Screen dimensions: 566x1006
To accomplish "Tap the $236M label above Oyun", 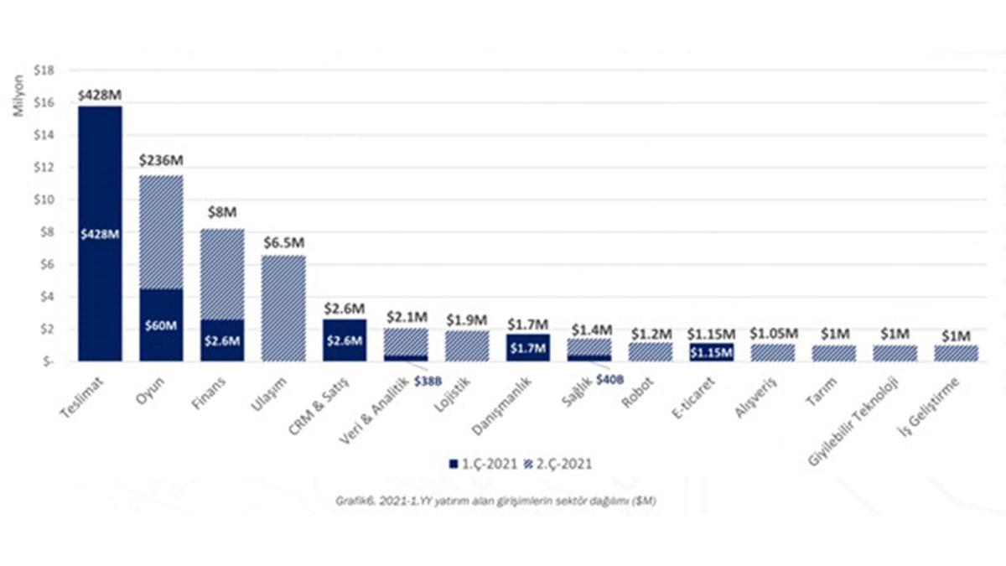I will point(161,160).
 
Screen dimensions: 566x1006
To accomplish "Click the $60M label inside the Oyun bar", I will point(161,325).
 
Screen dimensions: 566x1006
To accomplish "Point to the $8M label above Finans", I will point(222,215).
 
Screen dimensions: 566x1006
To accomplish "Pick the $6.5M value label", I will point(283,242).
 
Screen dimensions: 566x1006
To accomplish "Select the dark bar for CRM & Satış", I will point(345,340).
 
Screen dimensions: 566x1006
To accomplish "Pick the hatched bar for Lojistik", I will point(467,345).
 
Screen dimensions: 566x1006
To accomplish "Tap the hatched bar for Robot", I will point(651,351).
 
